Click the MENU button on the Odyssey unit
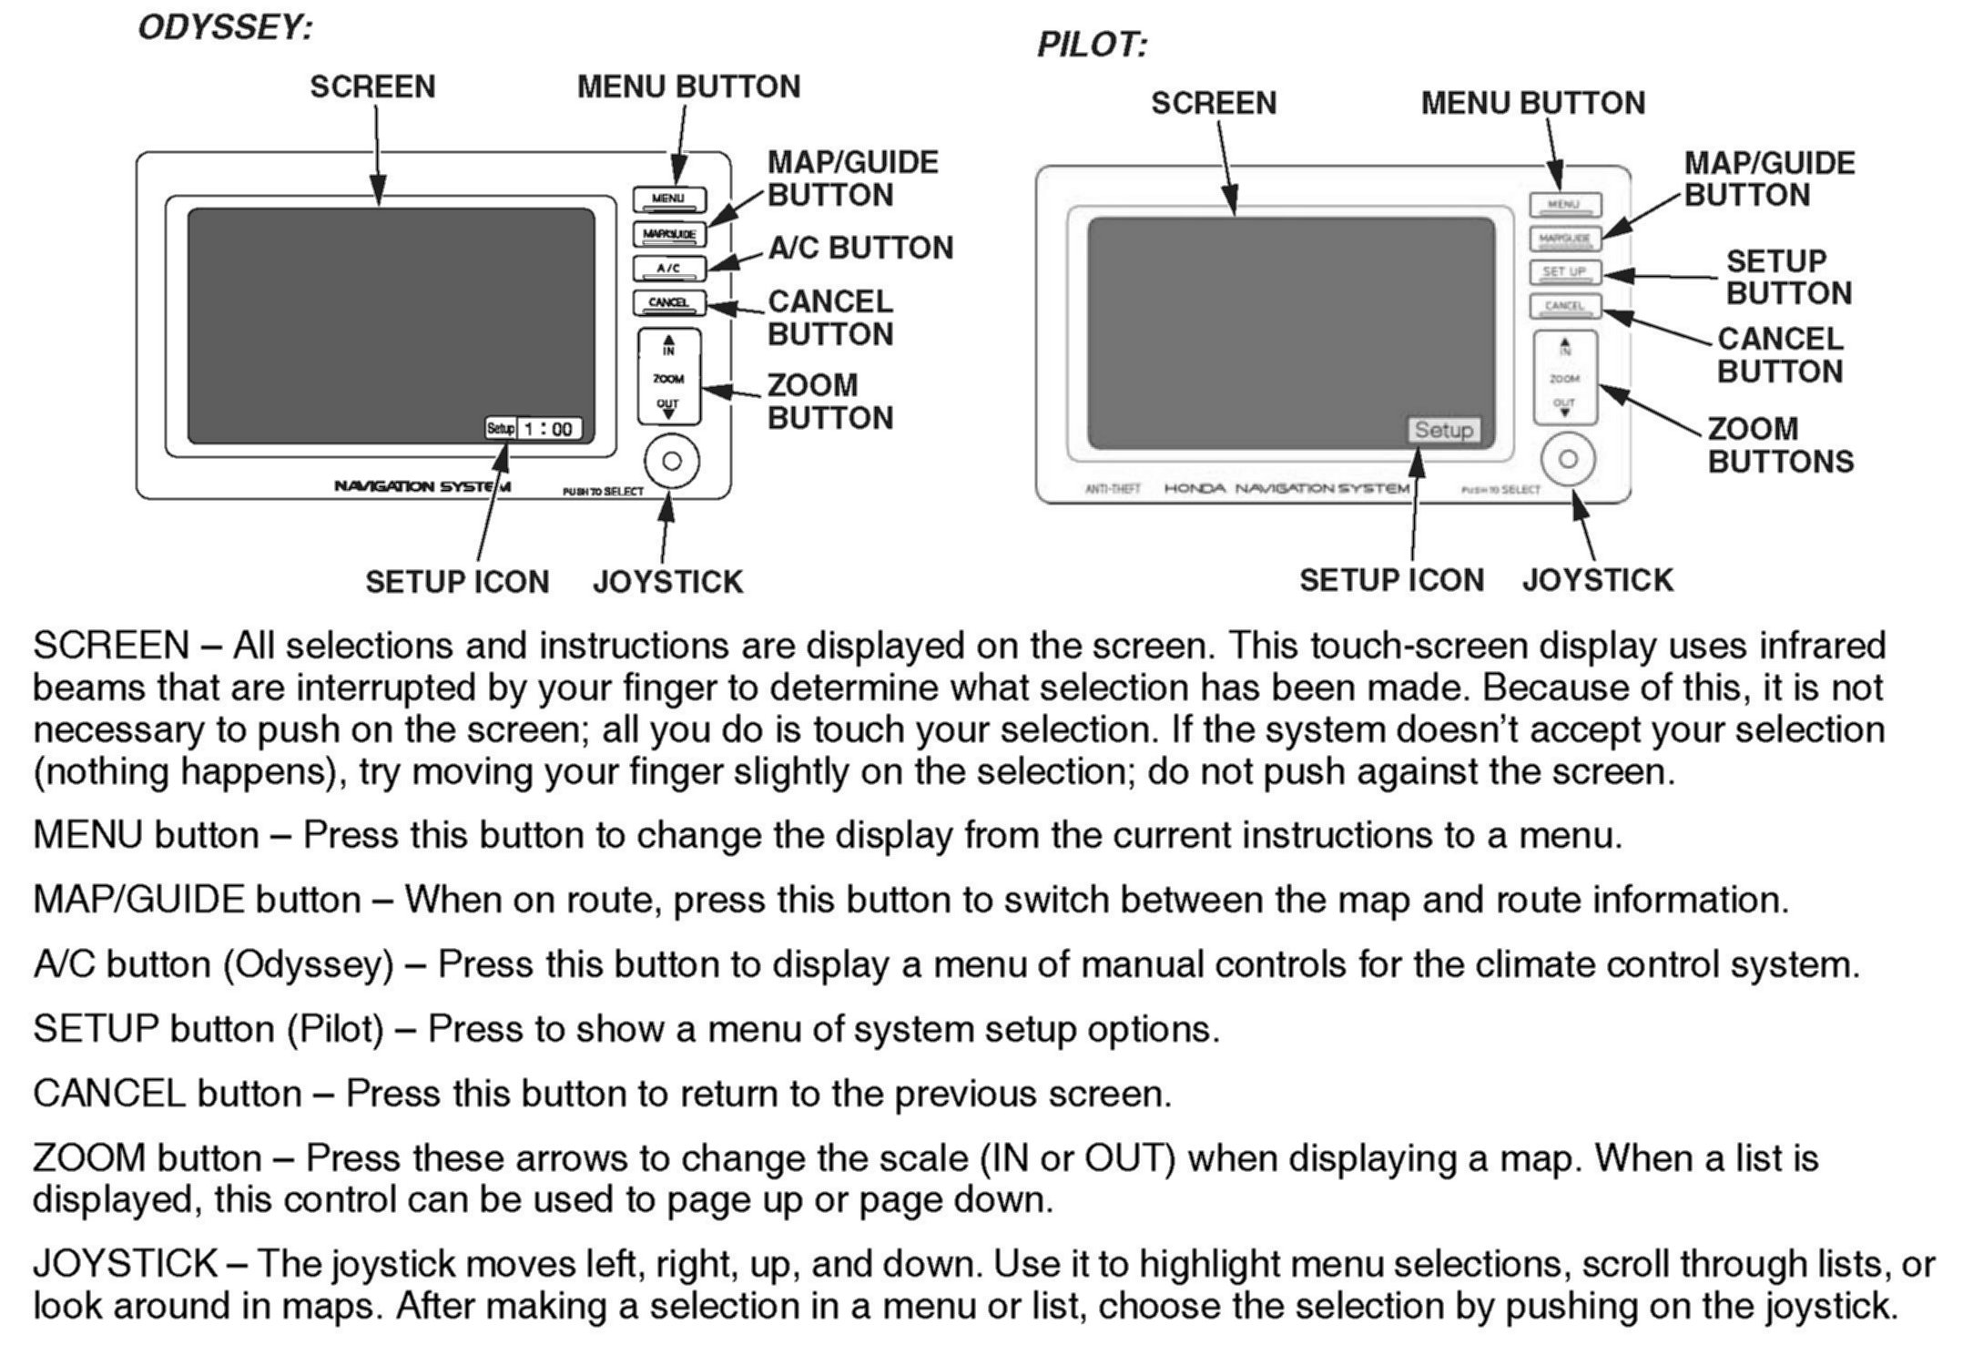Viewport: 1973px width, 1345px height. point(669,199)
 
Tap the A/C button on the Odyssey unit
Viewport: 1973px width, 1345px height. point(669,269)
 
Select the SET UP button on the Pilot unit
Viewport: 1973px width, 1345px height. point(1564,272)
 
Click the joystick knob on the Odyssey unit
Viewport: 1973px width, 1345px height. point(672,461)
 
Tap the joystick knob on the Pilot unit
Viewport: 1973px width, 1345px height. point(1568,459)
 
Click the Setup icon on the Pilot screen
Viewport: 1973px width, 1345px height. point(1443,430)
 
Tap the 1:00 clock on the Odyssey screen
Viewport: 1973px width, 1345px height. point(549,429)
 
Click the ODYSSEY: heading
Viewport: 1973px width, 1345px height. point(225,28)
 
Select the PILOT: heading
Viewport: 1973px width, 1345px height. point(1092,45)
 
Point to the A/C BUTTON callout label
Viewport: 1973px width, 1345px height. point(860,248)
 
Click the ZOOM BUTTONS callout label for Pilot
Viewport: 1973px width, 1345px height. point(1780,445)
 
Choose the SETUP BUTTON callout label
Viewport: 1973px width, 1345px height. point(1788,278)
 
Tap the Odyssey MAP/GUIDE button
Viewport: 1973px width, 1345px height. point(669,234)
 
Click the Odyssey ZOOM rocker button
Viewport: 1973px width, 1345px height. point(669,377)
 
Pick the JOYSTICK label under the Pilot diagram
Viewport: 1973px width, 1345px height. point(1597,580)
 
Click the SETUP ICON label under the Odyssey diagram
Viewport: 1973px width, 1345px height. point(457,582)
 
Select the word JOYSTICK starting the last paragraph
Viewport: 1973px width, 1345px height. point(125,1264)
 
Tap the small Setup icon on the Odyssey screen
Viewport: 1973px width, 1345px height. point(500,428)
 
